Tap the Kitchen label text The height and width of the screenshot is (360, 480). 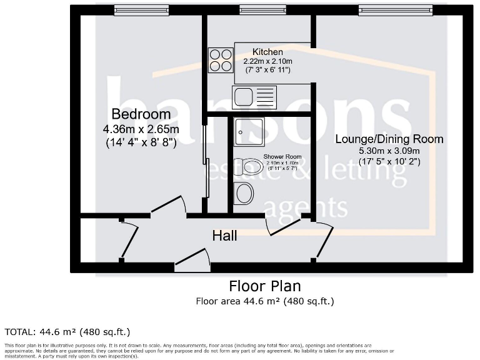[267, 52]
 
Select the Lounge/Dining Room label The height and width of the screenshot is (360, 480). [389, 139]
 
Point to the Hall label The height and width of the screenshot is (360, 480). [224, 236]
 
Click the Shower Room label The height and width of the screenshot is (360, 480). [282, 156]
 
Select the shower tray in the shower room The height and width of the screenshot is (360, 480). [249, 132]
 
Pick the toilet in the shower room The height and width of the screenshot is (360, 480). [247, 166]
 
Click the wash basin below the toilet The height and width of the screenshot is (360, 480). [244, 193]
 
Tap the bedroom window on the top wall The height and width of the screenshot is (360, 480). [141, 9]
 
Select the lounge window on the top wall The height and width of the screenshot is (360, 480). [395, 9]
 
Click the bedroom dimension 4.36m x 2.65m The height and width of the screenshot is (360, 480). [141, 129]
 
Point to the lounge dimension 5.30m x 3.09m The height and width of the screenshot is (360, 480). [389, 151]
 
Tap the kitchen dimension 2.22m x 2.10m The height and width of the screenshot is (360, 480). [267, 61]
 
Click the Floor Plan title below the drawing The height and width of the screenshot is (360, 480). [264, 286]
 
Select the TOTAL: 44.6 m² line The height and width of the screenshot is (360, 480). [67, 331]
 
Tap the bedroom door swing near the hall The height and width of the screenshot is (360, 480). [168, 207]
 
